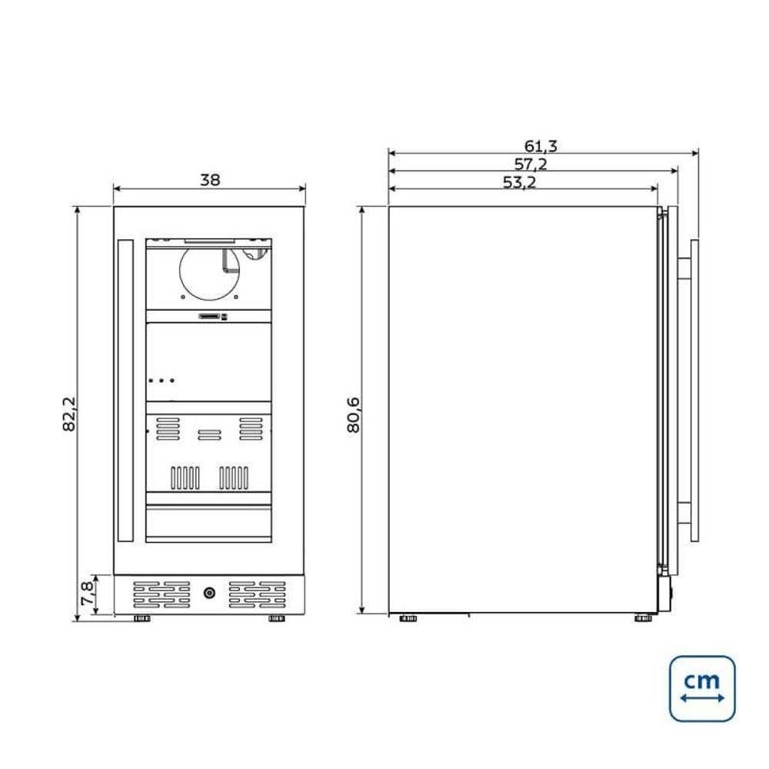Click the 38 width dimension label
[x=210, y=180]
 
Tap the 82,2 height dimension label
[x=69, y=414]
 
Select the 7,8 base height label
[x=87, y=593]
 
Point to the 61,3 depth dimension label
[x=541, y=145]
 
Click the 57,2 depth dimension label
[x=530, y=164]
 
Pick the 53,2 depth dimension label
[x=519, y=182]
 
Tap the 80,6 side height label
[x=354, y=415]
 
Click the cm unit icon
[x=702, y=688]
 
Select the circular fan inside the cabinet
[x=209, y=273]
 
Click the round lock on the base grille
[x=209, y=593]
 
